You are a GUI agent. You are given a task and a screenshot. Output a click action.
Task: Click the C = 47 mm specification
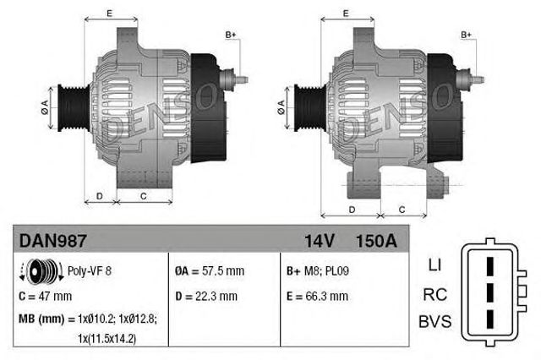click(x=45, y=296)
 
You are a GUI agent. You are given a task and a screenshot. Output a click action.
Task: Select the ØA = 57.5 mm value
click(x=210, y=272)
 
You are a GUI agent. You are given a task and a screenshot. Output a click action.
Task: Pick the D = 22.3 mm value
click(x=206, y=296)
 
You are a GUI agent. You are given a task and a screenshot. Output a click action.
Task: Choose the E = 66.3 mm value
click(x=318, y=296)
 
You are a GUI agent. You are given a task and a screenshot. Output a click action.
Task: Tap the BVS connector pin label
click(x=435, y=323)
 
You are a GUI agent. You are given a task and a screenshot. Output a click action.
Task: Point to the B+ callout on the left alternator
click(x=230, y=35)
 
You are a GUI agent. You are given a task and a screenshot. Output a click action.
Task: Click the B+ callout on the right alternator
click(x=466, y=35)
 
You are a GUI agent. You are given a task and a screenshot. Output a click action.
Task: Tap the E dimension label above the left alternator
click(x=109, y=13)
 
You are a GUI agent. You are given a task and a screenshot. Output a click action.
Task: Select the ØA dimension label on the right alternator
click(x=281, y=105)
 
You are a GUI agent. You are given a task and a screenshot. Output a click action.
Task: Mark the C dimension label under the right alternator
click(x=401, y=209)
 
